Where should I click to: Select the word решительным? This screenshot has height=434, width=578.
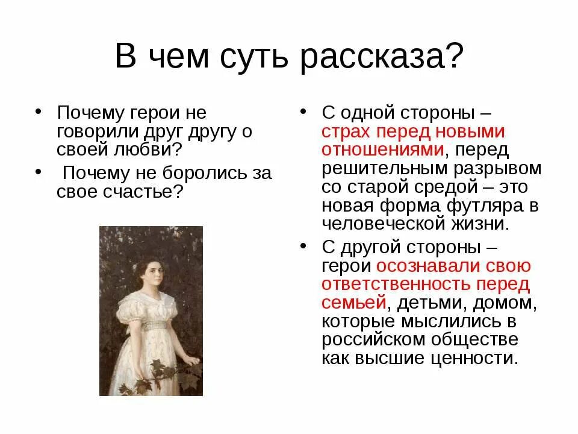(384, 168)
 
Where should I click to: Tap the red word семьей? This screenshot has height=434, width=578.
(353, 303)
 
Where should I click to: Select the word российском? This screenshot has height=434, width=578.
(381, 339)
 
